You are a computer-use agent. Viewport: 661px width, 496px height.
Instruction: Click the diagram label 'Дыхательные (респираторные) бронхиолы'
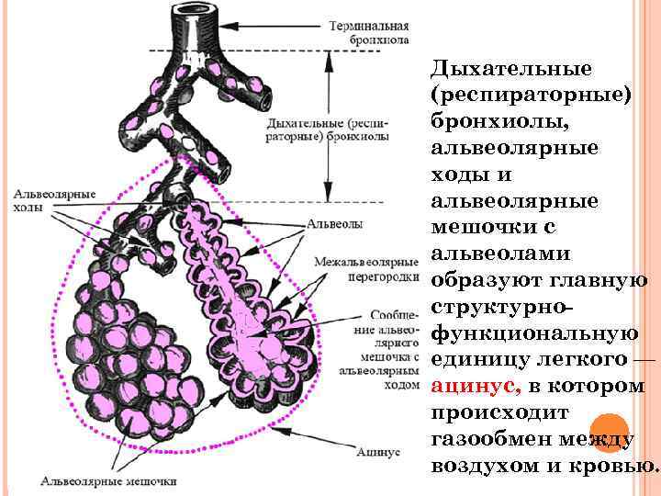click(x=326, y=130)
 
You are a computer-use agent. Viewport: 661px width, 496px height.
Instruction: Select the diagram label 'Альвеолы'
click(x=332, y=223)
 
